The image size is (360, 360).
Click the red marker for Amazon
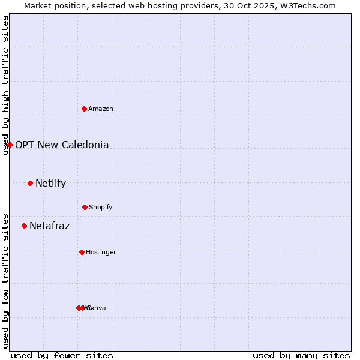tap(85, 109)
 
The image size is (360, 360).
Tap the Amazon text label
tap(101, 109)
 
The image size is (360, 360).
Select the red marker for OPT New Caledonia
tap(10, 145)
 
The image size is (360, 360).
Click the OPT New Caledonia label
tap(62, 145)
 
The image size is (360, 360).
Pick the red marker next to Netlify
tap(30, 183)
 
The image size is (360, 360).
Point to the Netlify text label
tap(50, 183)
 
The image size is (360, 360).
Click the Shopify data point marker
tap(85, 207)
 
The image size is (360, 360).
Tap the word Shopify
tap(101, 207)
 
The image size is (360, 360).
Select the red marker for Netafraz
tap(24, 226)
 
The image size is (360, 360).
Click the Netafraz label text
tap(49, 226)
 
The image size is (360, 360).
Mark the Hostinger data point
tap(82, 252)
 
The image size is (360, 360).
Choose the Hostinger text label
tap(101, 252)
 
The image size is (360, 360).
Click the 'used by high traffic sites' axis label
tap(6, 85)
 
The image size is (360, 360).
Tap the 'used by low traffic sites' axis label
tap(6, 280)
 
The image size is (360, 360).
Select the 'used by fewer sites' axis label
tap(62, 355)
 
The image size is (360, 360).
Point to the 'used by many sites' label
tap(301, 355)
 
